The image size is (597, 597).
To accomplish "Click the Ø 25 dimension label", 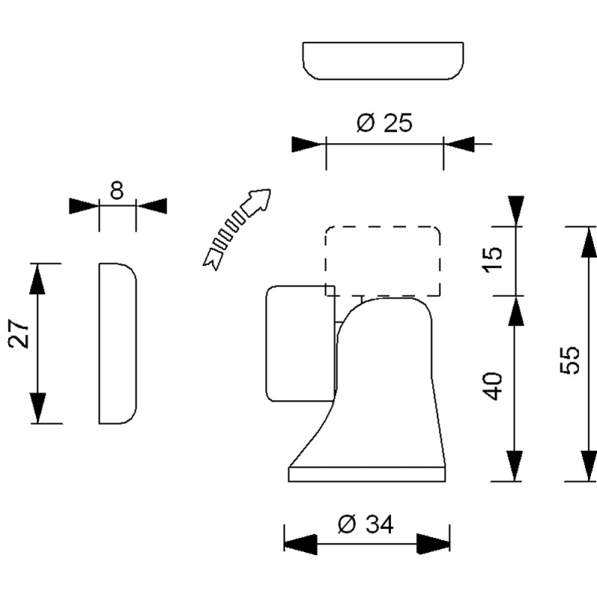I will point(384,123).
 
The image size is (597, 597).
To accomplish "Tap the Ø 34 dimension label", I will point(366,525).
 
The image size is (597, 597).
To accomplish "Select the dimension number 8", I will point(116,191).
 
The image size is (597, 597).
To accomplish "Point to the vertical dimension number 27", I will point(19,336).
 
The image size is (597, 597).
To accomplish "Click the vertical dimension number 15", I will point(493,258).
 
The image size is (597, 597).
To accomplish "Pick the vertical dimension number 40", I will point(493,385).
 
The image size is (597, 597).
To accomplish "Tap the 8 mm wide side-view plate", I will point(117,343).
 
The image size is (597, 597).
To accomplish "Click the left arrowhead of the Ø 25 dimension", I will point(309,144).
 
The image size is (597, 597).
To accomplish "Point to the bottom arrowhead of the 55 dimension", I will point(588,466).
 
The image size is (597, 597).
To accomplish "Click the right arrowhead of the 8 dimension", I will point(151,206).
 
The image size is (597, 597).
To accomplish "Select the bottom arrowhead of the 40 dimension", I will point(514,466).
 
